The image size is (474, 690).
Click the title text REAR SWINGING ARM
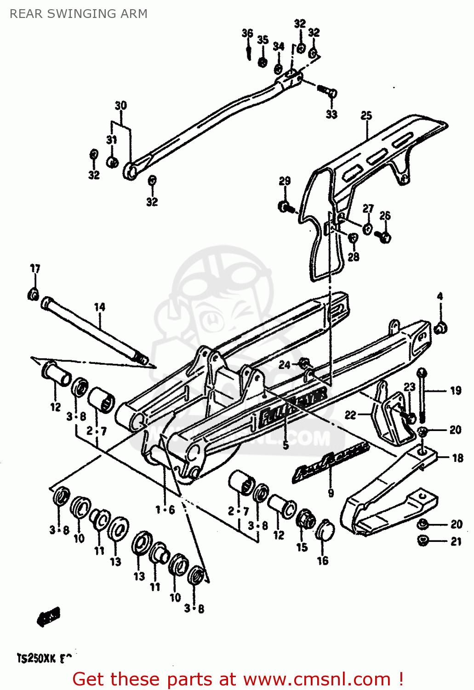(79, 14)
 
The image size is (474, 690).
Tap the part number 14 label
(100, 307)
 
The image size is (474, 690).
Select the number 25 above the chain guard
(366, 115)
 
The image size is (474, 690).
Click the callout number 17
(35, 269)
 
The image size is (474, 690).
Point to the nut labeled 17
(33, 294)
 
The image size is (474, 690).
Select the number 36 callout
(247, 33)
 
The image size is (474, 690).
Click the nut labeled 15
(305, 520)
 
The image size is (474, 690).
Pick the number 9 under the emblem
(331, 494)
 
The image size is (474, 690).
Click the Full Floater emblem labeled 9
(330, 462)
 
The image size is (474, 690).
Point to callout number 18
(457, 458)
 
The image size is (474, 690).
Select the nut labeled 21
(423, 540)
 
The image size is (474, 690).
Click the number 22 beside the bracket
(350, 415)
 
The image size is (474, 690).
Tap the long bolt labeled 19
(422, 396)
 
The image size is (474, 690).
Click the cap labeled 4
(440, 328)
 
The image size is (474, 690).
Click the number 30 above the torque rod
(120, 106)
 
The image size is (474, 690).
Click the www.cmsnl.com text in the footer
(317, 679)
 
